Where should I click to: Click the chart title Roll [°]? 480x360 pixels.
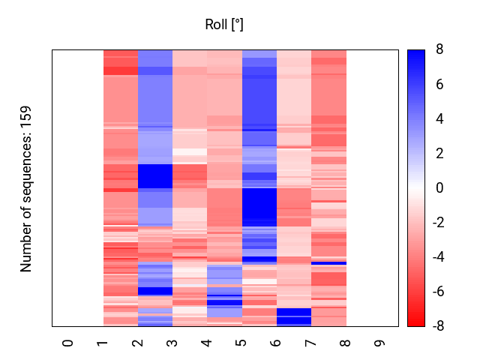pos(224,25)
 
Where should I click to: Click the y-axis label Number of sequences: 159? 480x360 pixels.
pos(27,189)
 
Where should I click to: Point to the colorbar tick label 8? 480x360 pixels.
pos(439,49)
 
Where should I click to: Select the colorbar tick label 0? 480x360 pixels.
pos(439,188)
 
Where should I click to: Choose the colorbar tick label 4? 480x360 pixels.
pos(439,118)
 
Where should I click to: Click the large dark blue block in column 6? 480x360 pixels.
pos(259,206)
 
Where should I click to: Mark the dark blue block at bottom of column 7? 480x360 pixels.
pos(294,316)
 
